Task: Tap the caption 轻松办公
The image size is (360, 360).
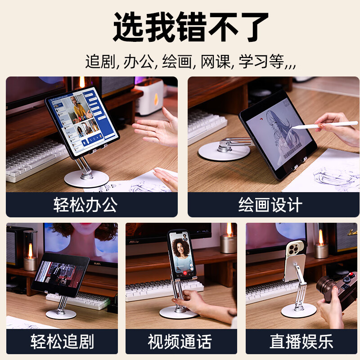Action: tap(85, 205)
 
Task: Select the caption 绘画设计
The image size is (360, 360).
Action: tap(270, 205)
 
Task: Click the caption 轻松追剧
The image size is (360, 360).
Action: tap(62, 342)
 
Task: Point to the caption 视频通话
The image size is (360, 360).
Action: tap(180, 342)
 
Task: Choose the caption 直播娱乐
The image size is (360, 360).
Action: tap(301, 342)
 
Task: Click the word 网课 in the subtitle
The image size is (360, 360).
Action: tap(213, 62)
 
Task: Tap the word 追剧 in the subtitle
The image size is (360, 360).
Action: tap(100, 62)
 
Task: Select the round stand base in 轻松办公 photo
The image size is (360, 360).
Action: tap(87, 178)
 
